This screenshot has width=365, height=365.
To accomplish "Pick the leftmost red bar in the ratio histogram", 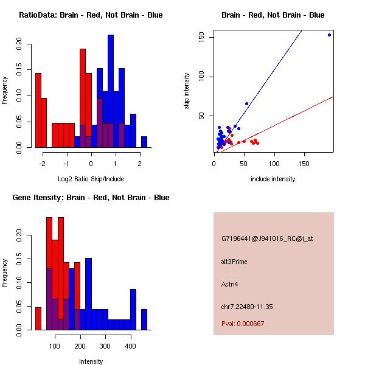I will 38,110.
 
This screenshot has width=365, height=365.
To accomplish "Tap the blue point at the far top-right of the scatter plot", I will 329,35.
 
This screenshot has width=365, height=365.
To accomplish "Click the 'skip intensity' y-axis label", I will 187,91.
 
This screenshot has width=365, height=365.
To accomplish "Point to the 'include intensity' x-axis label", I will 273,179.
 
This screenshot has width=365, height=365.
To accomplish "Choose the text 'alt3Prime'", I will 234,262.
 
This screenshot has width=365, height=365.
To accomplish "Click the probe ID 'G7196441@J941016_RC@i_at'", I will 267,239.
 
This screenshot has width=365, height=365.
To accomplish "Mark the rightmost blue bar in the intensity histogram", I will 144,319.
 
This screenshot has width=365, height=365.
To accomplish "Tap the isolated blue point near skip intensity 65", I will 246,103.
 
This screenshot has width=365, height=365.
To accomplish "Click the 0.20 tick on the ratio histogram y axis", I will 19,44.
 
